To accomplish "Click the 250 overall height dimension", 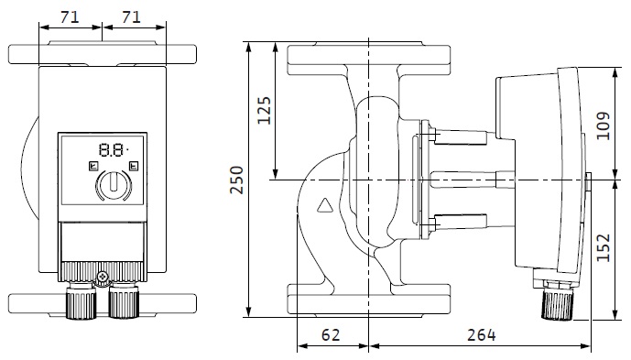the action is (x=236, y=180).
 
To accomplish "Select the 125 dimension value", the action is (x=264, y=110).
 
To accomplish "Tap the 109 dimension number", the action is (x=603, y=126).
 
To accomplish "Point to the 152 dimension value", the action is (x=603, y=247).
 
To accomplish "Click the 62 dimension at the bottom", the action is (x=331, y=334).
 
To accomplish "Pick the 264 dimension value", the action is (x=482, y=334).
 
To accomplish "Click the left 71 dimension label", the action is (x=70, y=17).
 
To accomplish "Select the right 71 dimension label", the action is (x=131, y=17).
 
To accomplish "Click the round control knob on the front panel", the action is (x=114, y=185).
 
